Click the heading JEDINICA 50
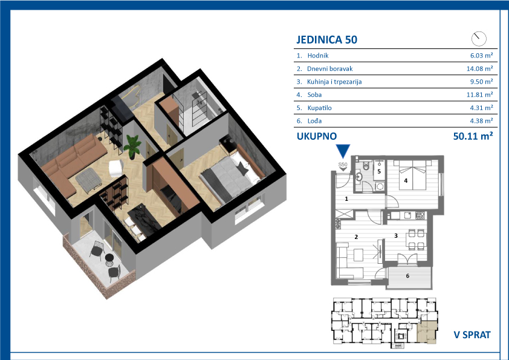[326, 40]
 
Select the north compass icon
[479, 39]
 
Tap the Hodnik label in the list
[318, 56]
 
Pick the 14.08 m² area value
[480, 68]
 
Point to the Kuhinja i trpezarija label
[334, 82]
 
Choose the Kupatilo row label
[319, 108]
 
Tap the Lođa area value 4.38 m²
[481, 121]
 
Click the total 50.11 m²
[473, 136]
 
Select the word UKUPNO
[317, 136]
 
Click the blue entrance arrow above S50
[343, 151]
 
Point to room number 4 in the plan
[406, 181]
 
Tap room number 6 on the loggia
[407, 276]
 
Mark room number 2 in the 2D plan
[356, 237]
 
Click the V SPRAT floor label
[472, 335]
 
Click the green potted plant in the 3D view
[132, 146]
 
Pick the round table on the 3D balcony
[109, 258]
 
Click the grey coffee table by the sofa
[88, 180]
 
